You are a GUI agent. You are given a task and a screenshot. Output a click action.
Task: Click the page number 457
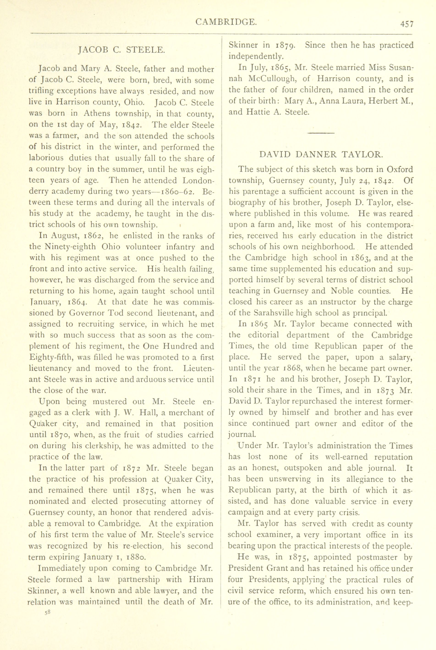(407, 24)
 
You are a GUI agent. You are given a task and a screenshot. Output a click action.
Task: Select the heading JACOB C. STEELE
(122, 50)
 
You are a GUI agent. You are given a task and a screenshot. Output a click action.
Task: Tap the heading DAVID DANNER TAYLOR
(321, 155)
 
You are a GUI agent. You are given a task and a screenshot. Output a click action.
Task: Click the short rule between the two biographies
(321, 133)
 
